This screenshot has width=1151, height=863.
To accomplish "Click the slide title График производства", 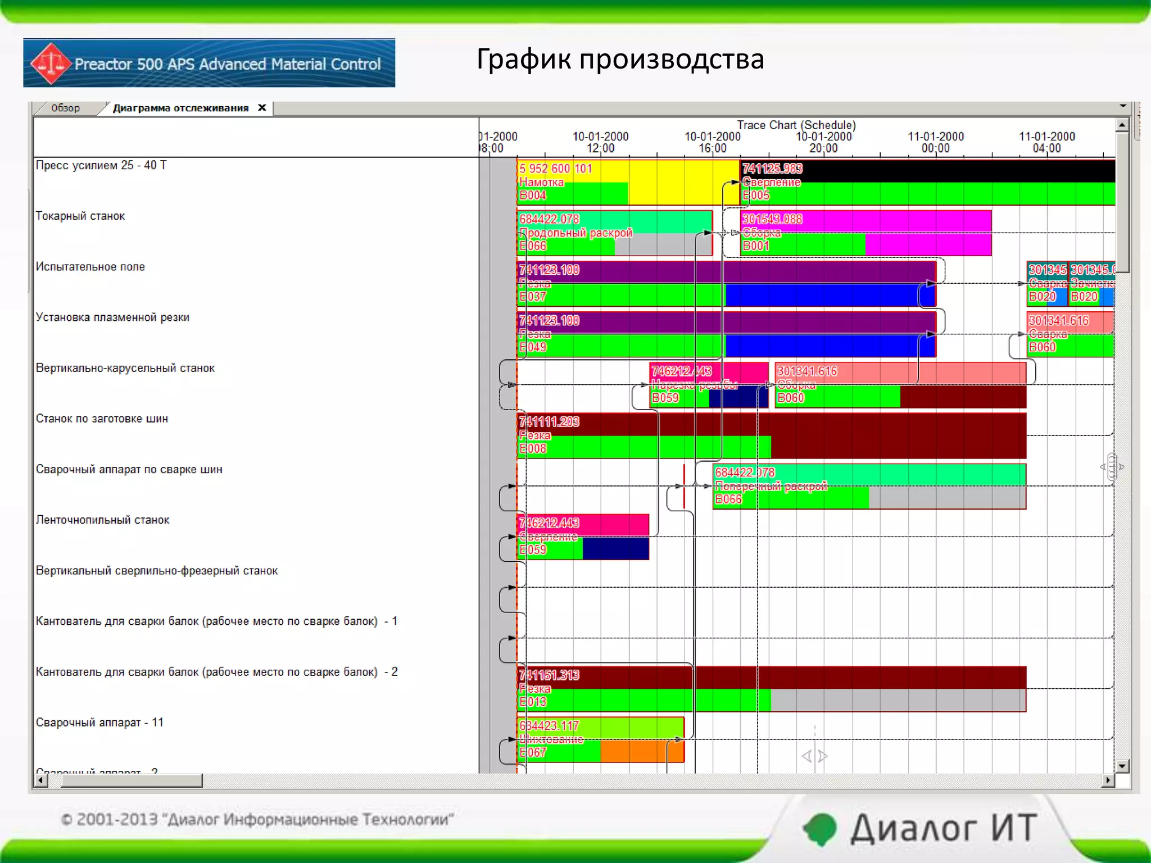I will [x=620, y=59].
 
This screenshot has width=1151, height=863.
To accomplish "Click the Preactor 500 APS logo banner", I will [x=209, y=63].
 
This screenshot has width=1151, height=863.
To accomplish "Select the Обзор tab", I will [x=65, y=108].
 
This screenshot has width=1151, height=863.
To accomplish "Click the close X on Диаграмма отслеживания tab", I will [x=262, y=108].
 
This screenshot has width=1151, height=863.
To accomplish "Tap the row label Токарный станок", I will [x=80, y=216].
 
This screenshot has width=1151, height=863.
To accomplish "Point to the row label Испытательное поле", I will [x=90, y=267].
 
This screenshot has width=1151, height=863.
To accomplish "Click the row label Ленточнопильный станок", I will [x=102, y=520].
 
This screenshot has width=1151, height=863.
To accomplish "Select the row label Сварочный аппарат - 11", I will [x=99, y=723].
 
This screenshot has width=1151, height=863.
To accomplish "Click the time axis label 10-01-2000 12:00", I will [x=600, y=142].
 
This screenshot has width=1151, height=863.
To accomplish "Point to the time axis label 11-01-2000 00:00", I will [x=935, y=142].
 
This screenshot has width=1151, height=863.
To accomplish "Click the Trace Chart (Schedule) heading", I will [x=796, y=125].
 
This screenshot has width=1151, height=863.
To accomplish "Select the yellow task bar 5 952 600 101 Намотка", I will [x=627, y=182].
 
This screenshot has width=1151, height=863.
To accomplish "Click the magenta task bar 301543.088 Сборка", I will [x=865, y=233].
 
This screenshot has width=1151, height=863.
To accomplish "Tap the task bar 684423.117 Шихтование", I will [x=600, y=739].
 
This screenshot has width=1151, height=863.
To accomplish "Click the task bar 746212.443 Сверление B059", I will [x=583, y=537].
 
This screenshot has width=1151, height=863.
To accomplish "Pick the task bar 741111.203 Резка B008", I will [x=771, y=435].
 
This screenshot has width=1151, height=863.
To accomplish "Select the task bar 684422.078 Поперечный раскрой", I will [x=869, y=486].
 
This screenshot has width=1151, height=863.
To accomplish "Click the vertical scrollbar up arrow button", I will [x=1122, y=125].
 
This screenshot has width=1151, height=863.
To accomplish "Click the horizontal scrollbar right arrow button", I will [x=1108, y=780].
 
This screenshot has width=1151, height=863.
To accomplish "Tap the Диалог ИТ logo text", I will [x=942, y=828].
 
